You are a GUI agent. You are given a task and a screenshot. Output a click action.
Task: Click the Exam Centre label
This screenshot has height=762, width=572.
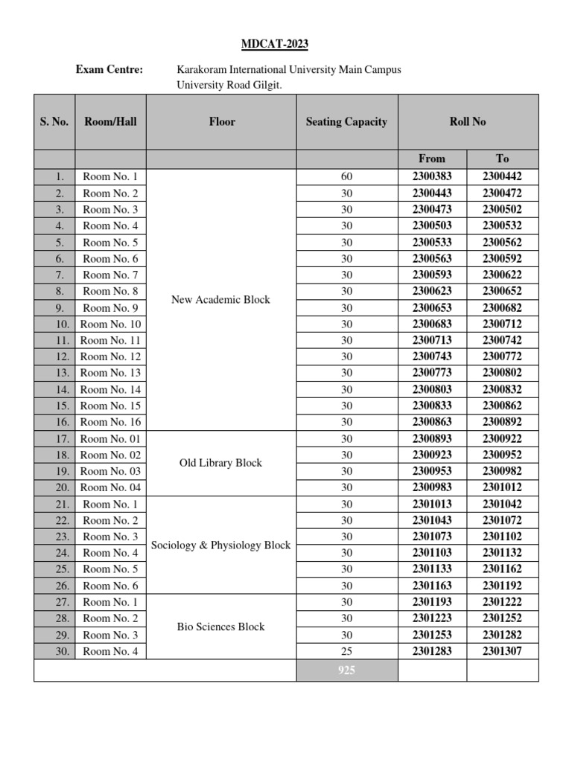pos(109,69)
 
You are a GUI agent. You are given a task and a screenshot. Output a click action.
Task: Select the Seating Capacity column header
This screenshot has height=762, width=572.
pos(346,121)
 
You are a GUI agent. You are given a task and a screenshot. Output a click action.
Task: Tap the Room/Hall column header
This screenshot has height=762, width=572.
pos(110,121)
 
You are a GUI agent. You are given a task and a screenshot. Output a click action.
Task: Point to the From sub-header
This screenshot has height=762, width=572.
pos(432,158)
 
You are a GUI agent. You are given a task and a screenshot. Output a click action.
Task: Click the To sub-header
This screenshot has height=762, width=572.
pos(502,158)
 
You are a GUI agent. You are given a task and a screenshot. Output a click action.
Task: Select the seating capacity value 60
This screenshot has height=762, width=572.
pos(346,177)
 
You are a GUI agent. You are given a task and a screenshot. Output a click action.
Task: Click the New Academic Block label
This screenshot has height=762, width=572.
pos(220,299)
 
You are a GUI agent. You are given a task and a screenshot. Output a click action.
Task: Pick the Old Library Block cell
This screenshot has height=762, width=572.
pos(220,463)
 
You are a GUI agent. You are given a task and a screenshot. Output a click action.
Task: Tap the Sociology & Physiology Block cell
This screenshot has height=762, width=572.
pos(220,545)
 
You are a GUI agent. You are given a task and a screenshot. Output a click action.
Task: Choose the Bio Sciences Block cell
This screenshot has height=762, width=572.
pos(220,627)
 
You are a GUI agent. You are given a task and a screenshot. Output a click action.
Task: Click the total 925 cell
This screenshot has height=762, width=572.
pos(346,670)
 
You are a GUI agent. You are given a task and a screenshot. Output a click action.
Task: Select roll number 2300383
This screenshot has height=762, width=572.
pos(432,177)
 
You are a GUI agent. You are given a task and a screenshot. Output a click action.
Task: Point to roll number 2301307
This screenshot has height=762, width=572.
pos(502,651)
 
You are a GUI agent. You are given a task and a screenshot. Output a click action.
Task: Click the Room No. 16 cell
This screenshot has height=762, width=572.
pos(110,422)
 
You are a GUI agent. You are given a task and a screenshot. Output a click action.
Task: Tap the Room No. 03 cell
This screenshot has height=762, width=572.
pos(110,471)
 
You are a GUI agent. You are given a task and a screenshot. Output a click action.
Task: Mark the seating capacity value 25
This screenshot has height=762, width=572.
pos(346,651)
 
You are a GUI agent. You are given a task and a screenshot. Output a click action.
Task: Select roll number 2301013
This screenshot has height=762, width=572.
pos(432,504)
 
